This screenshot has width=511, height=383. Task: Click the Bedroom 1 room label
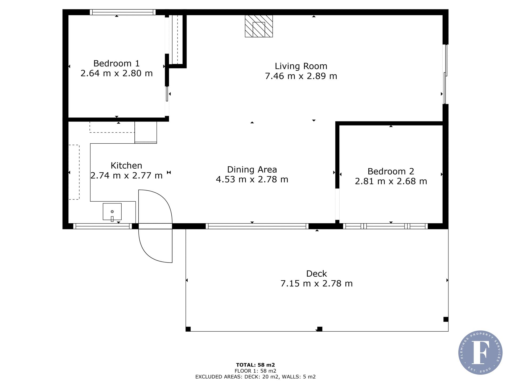pyautogui.click(x=116, y=63)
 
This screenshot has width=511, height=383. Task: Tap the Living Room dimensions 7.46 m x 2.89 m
pyautogui.click(x=301, y=76)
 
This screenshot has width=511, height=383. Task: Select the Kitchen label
pyautogui.click(x=126, y=165)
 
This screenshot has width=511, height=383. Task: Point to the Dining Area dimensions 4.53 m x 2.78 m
pyautogui.click(x=252, y=180)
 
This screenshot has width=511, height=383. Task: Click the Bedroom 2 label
pyautogui.click(x=391, y=171)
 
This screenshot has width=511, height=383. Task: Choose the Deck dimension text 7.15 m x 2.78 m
pyautogui.click(x=317, y=284)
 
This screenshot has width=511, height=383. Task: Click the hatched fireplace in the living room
pyautogui.click(x=259, y=26)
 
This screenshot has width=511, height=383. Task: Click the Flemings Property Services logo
pyautogui.click(x=480, y=353)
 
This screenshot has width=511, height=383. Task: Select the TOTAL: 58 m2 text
pyautogui.click(x=256, y=365)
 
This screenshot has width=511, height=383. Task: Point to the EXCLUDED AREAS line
pyautogui.click(x=256, y=377)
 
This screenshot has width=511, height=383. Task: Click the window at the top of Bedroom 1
pyautogui.click(x=123, y=12)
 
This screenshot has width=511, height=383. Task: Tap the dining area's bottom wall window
pyautogui.click(x=257, y=226)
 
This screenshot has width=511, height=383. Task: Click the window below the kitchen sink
pyautogui.click(x=102, y=226)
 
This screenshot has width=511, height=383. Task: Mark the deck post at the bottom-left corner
pyautogui.click(x=188, y=329)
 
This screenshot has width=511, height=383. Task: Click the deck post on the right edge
pyautogui.click(x=446, y=319)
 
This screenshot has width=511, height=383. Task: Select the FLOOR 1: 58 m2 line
pyautogui.click(x=256, y=371)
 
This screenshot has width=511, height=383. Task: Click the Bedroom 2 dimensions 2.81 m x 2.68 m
pyautogui.click(x=391, y=181)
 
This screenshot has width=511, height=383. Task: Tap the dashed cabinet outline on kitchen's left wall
pyautogui.click(x=74, y=172)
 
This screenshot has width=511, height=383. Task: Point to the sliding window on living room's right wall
pyautogui.click(x=445, y=74)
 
